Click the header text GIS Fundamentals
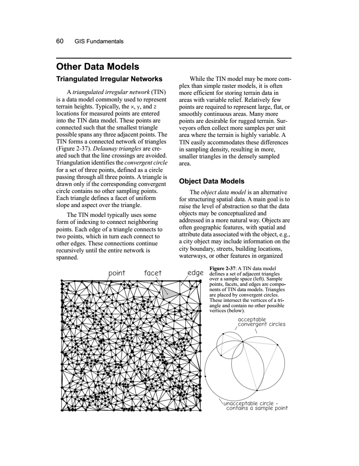99,42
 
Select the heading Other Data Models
97,67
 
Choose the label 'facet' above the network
153,273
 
